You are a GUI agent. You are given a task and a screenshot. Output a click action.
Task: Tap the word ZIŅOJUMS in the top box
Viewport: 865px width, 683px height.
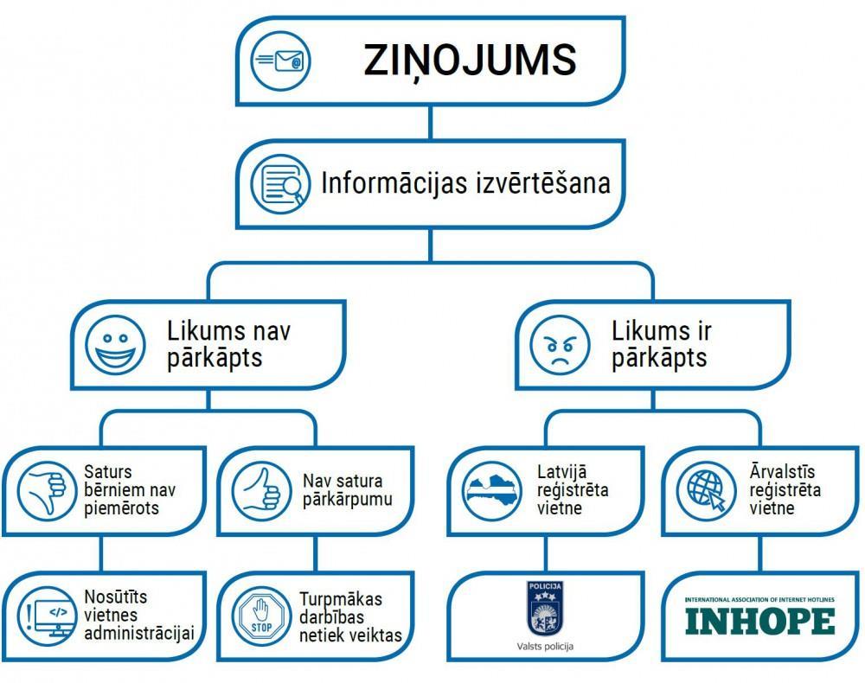(470, 61)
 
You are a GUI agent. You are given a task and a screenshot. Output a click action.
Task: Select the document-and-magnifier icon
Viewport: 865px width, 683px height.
(280, 183)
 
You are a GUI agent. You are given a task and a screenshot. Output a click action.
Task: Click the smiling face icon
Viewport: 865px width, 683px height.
(113, 345)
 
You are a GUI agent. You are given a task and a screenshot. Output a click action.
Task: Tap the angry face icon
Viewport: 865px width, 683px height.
(559, 345)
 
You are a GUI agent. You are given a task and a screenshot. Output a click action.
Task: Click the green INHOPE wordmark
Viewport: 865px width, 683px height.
(759, 620)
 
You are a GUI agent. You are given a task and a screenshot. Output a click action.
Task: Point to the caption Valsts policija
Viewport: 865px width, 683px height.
(545, 646)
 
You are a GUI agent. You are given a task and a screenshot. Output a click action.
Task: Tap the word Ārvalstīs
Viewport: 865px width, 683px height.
(782, 473)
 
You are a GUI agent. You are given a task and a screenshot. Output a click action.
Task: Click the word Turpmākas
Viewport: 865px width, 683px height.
(341, 599)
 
